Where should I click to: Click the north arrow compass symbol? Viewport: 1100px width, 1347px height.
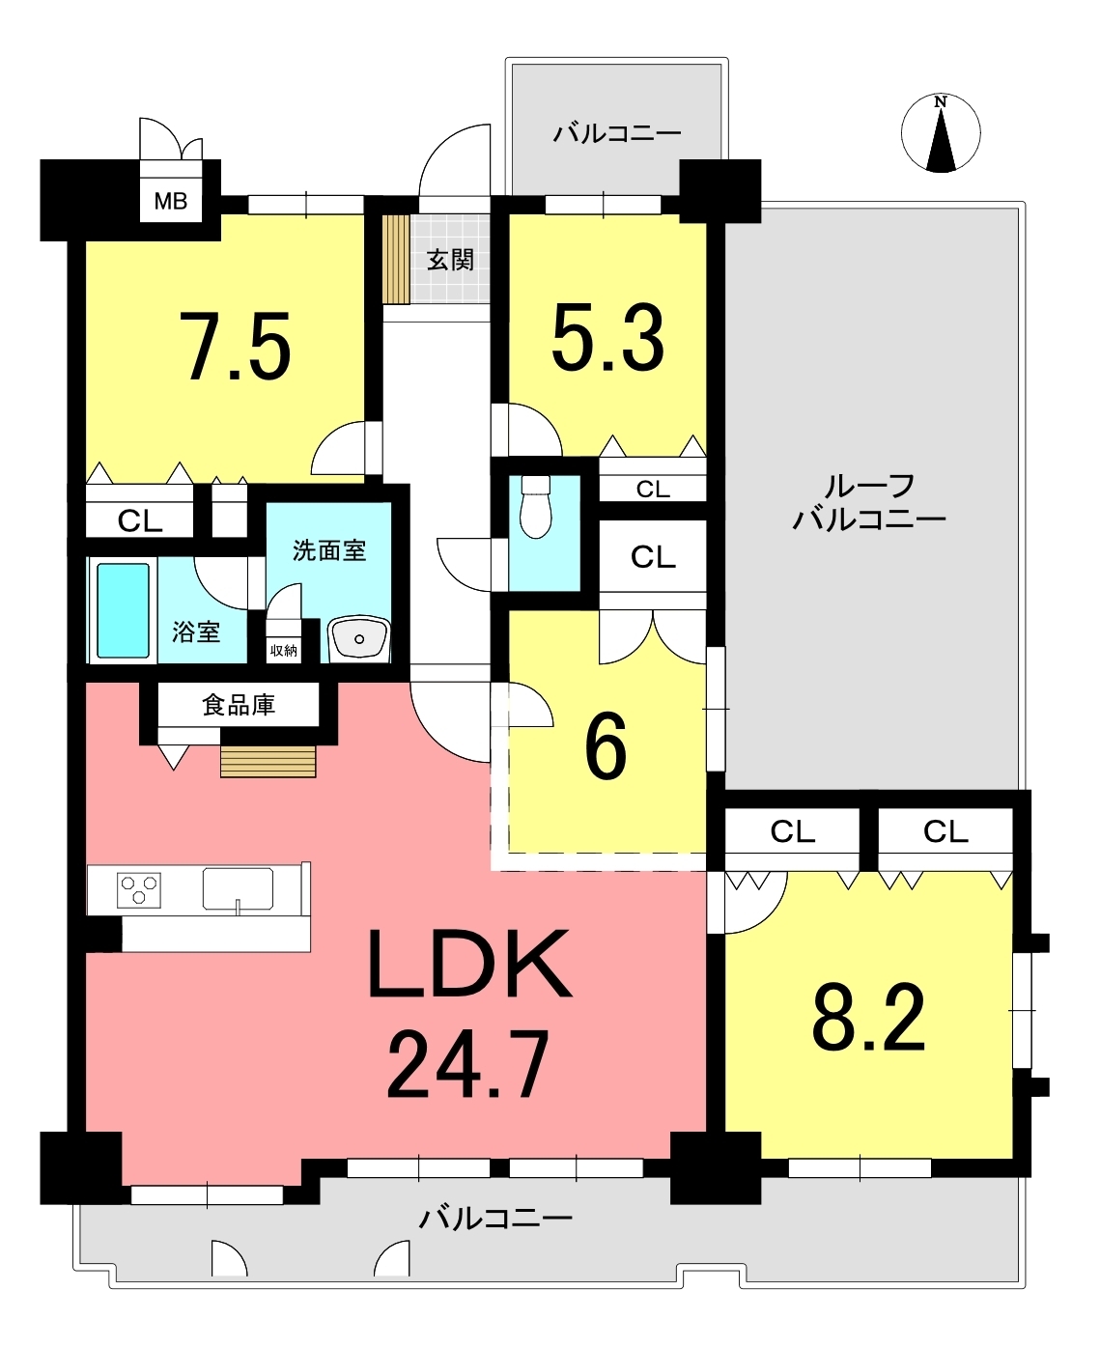coord(941,133)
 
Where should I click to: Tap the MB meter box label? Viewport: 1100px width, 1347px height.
coord(171,201)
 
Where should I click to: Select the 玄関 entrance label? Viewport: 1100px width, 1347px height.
coord(450,260)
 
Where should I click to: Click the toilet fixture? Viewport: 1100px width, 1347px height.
coord(535,507)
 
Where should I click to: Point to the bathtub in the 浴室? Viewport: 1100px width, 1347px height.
coord(124,610)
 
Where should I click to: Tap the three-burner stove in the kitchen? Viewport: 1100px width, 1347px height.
coord(139,889)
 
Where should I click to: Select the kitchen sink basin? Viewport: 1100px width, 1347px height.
coord(239,888)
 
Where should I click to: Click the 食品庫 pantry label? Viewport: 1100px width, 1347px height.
coord(239,705)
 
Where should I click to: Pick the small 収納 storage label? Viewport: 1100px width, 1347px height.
coord(283,651)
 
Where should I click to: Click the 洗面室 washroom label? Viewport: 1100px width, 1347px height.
coord(329,550)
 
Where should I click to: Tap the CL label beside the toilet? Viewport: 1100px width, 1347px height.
coord(653,557)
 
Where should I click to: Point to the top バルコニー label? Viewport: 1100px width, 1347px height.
coord(617,134)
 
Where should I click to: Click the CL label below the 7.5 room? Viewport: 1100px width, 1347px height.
coord(140,520)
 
